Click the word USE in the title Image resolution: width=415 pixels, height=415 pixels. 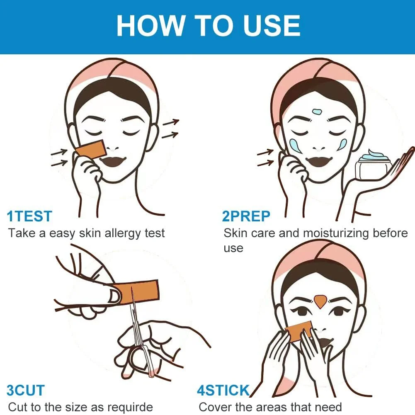pos(272,25)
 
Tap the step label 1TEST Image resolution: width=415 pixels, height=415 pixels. pos(29,216)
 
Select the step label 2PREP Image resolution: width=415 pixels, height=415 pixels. pos(246,216)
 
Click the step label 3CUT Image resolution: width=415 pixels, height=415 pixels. pos(26,391)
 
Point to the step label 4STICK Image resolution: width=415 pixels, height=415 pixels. pos(223,391)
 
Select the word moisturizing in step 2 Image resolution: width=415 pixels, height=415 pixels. pos(336,233)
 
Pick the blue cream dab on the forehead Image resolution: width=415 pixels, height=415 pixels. pos(317,112)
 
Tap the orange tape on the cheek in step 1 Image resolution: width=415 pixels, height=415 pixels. pos(91,150)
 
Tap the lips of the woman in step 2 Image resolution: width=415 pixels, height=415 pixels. pos(319,161)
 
